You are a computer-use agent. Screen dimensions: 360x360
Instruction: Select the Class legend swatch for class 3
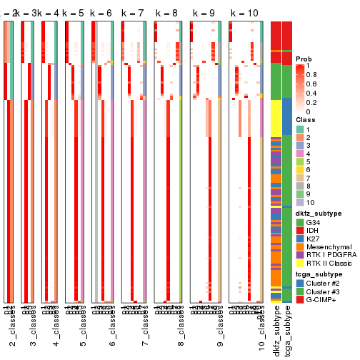point(301,146)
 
